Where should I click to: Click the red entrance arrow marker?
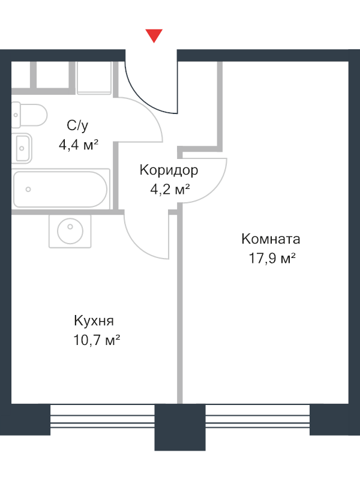click(154, 35)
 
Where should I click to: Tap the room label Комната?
click(271, 239)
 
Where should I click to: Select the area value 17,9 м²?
click(272, 258)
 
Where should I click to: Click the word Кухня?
click(94, 321)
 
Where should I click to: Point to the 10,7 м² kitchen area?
click(97, 340)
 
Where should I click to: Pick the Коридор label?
click(169, 170)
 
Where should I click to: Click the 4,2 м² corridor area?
click(170, 189)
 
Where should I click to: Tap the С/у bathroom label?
click(77, 125)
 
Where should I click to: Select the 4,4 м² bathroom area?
click(79, 145)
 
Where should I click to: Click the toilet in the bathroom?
click(29, 115)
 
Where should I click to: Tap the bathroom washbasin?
click(22, 148)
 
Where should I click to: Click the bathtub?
click(61, 189)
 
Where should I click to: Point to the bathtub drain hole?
click(28, 190)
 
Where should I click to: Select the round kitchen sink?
click(70, 231)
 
